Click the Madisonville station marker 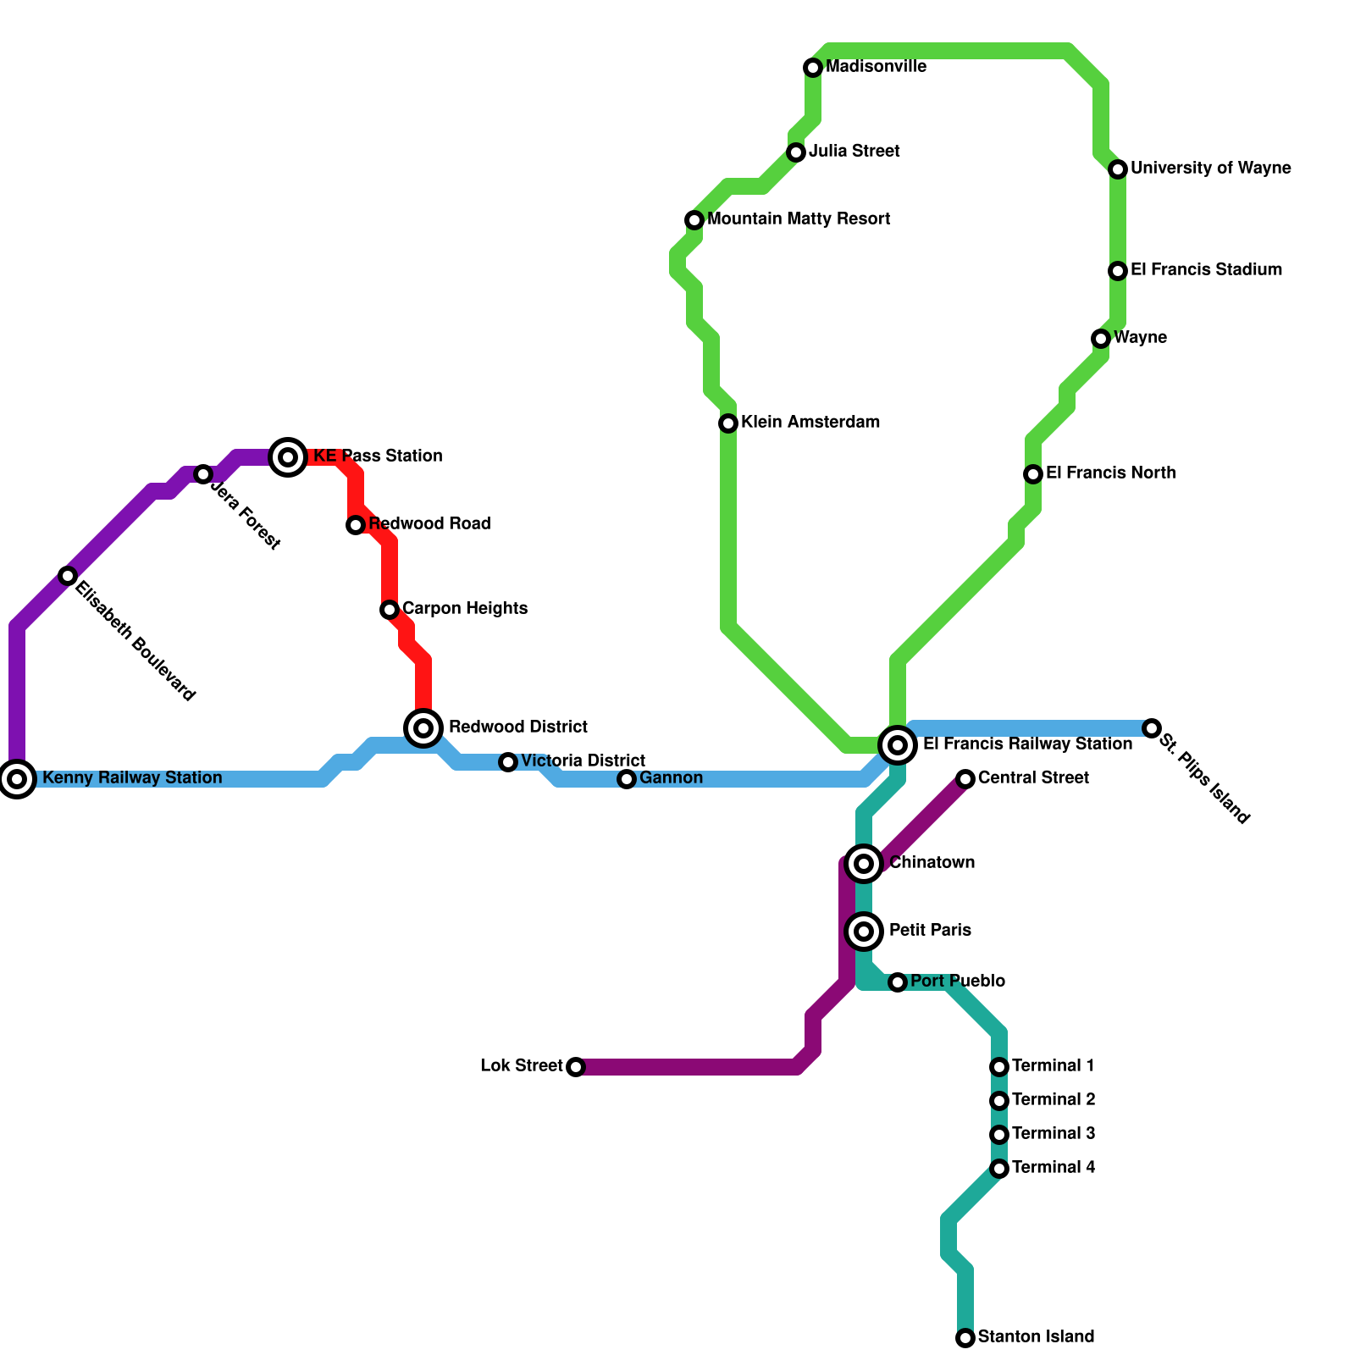(813, 67)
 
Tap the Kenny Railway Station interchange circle (17, 778)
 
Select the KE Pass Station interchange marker (288, 457)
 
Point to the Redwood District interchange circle (424, 727)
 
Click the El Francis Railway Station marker (898, 745)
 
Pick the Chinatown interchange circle (864, 863)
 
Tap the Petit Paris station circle (864, 932)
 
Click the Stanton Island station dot (965, 1338)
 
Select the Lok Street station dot (576, 1067)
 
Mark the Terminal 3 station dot (999, 1135)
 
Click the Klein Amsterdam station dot (728, 423)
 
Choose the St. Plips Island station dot (1152, 728)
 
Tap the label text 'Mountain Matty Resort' (799, 219)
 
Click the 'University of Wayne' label (1210, 169)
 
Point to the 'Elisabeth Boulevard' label (135, 642)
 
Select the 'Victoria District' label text (583, 760)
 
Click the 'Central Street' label (1033, 777)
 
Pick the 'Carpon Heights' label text (464, 608)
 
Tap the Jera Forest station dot (203, 474)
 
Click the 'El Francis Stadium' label (1206, 270)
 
